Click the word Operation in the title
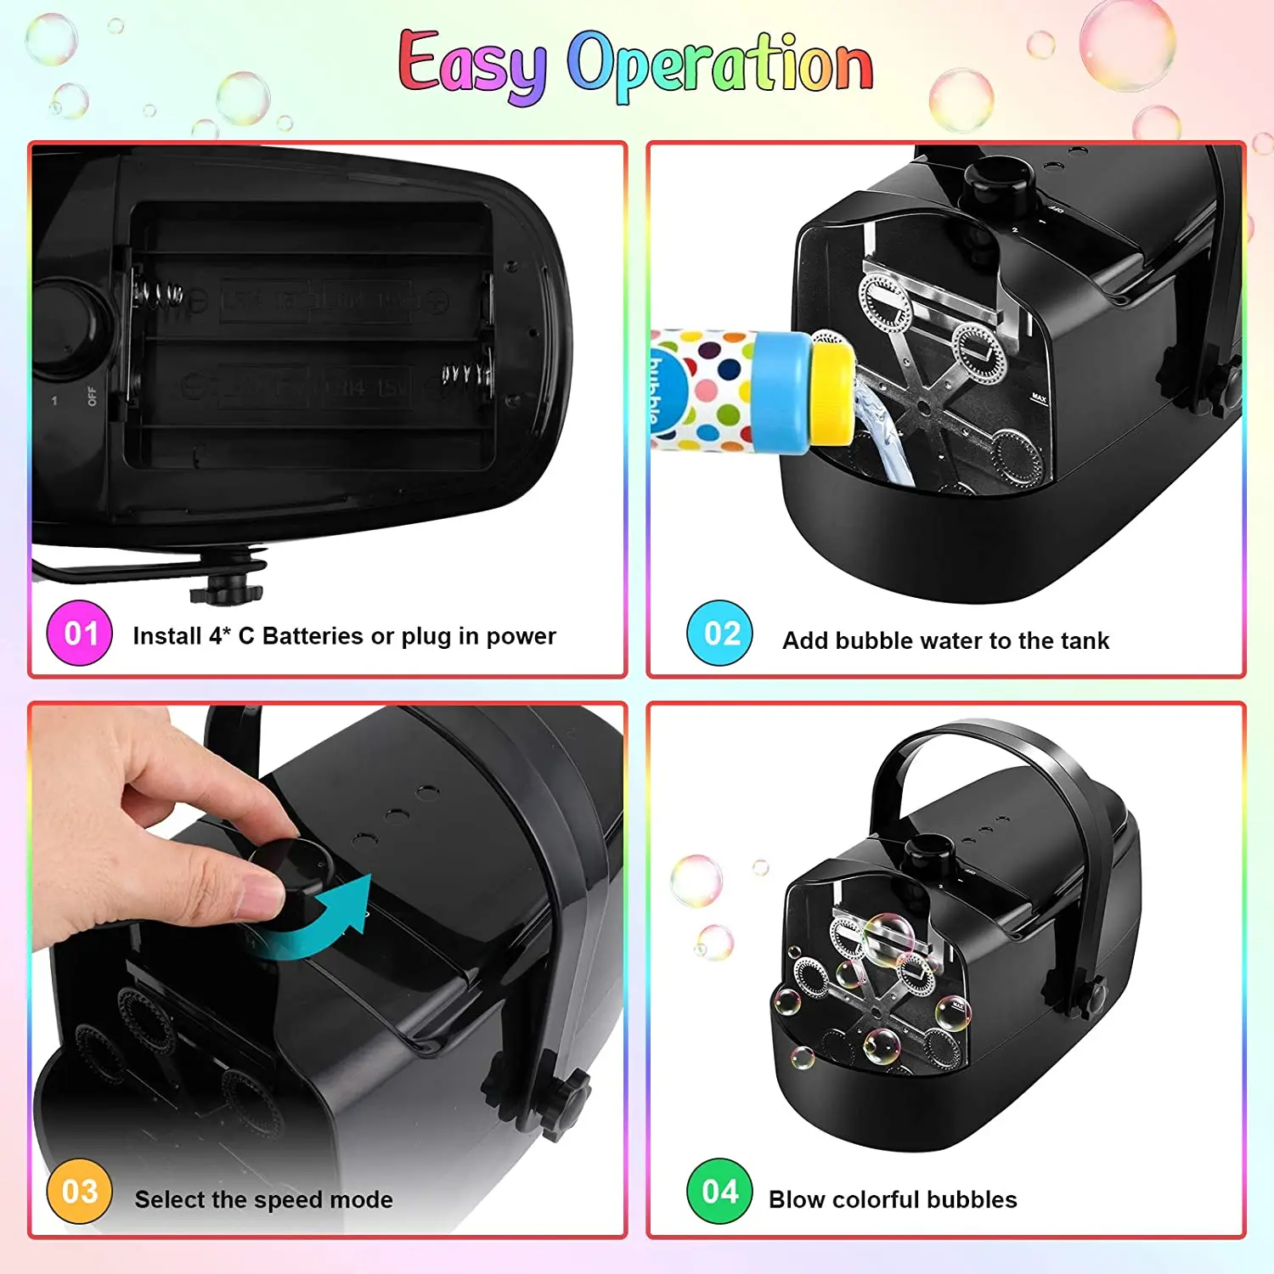coord(719,65)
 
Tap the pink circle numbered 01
coord(80,633)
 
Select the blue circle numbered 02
coord(719,633)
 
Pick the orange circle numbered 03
coord(80,1191)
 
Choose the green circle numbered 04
coord(719,1191)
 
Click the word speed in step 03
coord(288,1199)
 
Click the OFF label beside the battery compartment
coord(92,397)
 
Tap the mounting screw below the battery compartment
coord(228,586)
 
